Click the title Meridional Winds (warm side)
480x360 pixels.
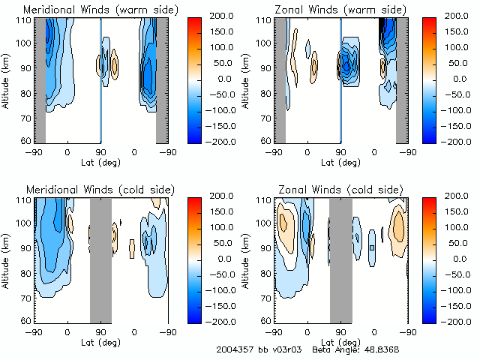click(100, 10)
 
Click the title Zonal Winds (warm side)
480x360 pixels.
click(340, 10)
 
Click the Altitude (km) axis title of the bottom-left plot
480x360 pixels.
click(7, 258)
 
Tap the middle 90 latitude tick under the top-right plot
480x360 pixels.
click(340, 151)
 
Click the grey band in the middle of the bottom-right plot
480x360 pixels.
click(340, 259)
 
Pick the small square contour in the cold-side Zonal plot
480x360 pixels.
click(372, 247)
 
